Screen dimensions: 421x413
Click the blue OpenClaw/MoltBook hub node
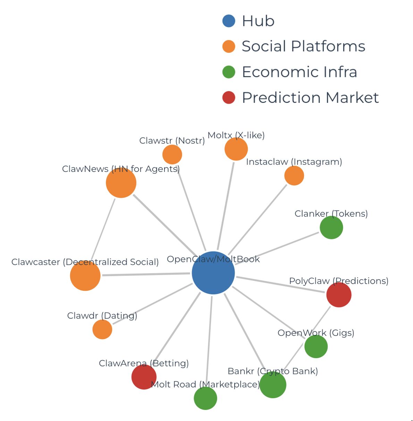click(213, 273)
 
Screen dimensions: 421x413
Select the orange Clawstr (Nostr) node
click(172, 155)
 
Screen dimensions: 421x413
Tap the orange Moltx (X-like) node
click(236, 149)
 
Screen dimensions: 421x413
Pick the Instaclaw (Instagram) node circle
click(294, 176)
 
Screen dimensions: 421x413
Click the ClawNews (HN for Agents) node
click(121, 183)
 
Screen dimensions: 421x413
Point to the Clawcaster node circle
click(85, 275)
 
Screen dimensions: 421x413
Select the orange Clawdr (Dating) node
click(102, 329)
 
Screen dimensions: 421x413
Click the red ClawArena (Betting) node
click(144, 377)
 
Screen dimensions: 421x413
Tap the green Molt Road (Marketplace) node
click(205, 398)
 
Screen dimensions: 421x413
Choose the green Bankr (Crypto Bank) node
click(273, 385)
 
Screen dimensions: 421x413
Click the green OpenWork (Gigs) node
click(316, 346)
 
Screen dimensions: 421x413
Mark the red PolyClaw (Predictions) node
click(339, 295)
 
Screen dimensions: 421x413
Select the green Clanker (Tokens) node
click(331, 228)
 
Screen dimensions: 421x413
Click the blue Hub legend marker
click(229, 21)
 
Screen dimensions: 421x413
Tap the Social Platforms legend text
click(303, 46)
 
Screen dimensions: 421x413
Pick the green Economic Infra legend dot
click(229, 72)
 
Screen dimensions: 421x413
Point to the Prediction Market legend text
click(310, 98)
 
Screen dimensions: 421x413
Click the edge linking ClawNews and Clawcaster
click(103, 229)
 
